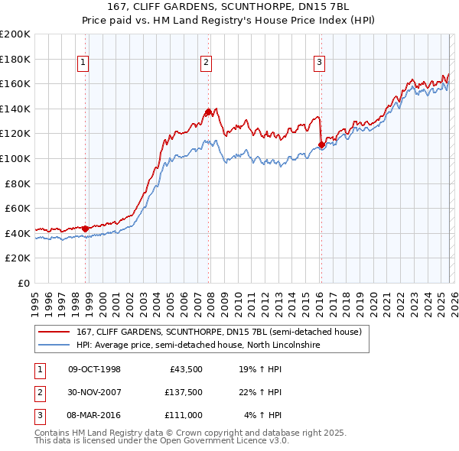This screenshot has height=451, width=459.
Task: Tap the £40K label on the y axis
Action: [18, 233]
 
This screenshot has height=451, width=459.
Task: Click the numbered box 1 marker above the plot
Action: [83, 63]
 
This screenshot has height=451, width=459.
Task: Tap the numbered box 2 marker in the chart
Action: [207, 63]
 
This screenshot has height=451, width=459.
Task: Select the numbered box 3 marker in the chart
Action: [319, 63]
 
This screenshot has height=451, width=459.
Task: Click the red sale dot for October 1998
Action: [85, 229]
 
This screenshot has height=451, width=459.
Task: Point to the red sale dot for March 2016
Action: [321, 144]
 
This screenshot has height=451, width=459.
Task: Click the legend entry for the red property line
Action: [213, 333]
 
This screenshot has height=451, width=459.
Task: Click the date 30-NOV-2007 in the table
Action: [95, 392]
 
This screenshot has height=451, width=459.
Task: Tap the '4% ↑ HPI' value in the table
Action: [263, 415]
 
